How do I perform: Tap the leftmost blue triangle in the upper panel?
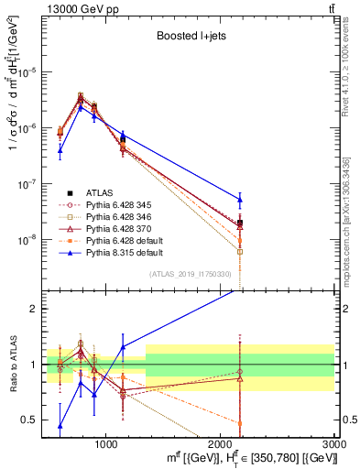pos(60,150)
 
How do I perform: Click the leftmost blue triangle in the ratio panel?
pos(60,425)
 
